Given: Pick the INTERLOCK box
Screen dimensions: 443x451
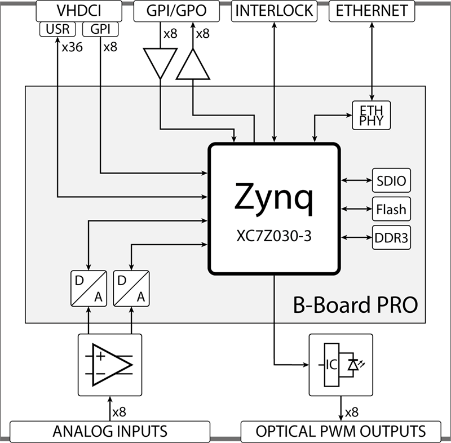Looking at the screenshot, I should pos(275,11).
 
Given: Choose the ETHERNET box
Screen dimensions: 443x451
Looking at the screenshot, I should pos(371,11).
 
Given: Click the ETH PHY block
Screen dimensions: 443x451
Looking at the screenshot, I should pos(371,114).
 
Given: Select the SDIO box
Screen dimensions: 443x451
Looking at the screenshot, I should pos(391,181).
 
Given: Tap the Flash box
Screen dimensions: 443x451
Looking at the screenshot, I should pos(391,210).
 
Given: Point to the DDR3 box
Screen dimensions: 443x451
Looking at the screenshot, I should pos(391,237).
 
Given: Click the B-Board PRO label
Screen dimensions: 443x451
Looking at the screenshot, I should pos(355,305).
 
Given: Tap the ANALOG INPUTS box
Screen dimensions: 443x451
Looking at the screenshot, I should pos(110,432).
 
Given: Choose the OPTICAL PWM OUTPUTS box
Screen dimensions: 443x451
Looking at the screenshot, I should pos(341,432).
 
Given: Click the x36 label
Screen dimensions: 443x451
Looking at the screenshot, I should pos(73,47).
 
